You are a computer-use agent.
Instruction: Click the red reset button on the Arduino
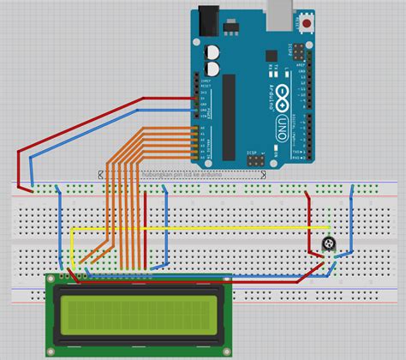tap(308, 26)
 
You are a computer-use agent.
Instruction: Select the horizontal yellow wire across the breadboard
tap(197, 228)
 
